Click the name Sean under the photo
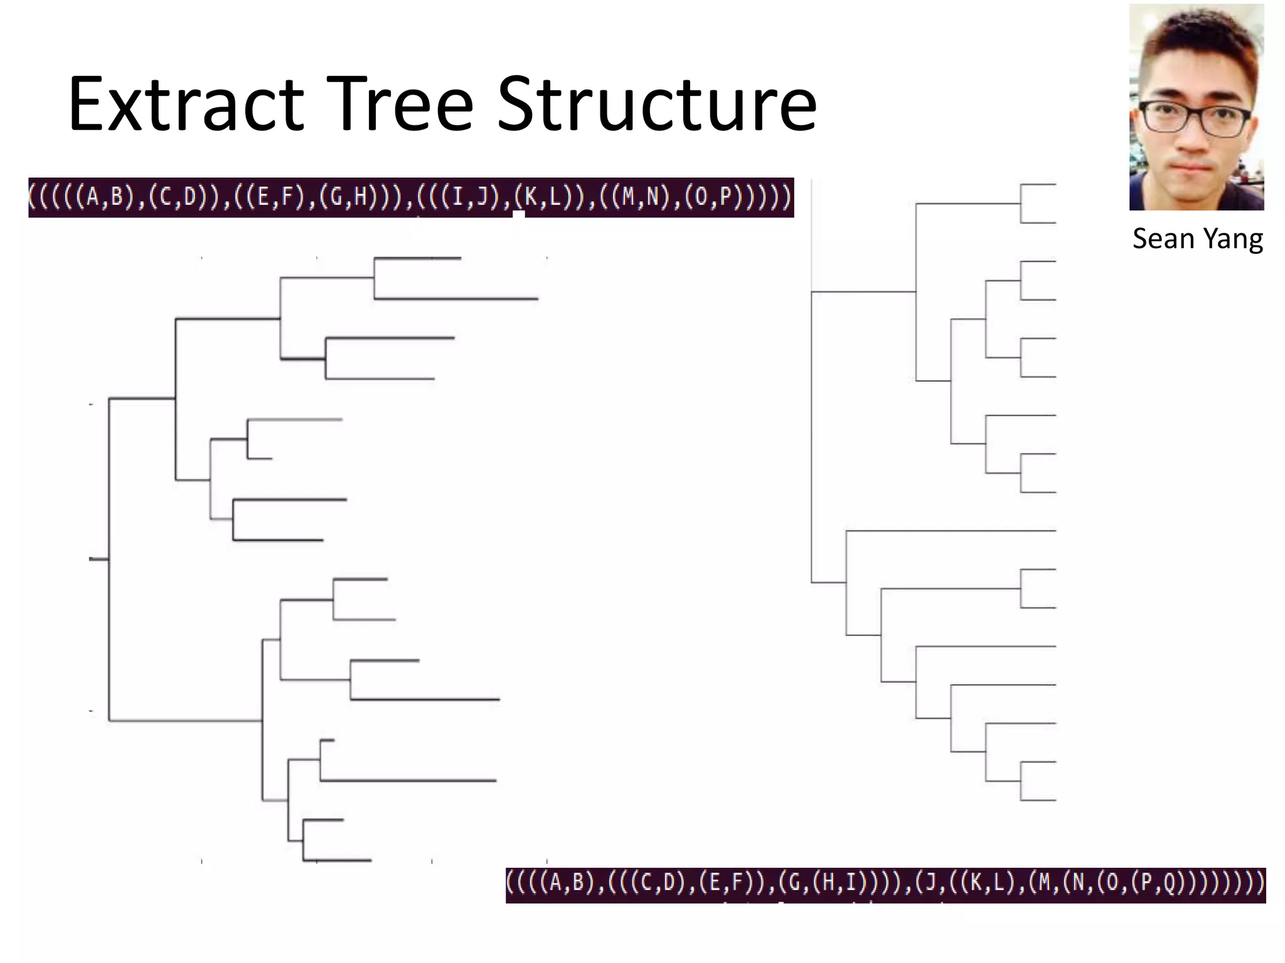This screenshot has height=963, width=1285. pyautogui.click(x=1160, y=239)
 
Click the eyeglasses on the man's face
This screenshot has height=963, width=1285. pyautogui.click(x=1195, y=119)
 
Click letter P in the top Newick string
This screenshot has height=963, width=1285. pyautogui.click(x=726, y=197)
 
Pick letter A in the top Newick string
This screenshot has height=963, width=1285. pyautogui.click(x=92, y=197)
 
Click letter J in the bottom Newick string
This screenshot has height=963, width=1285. pyautogui.click(x=929, y=883)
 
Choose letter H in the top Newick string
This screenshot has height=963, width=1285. pyautogui.click(x=360, y=197)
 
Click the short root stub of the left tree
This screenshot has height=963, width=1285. pyautogui.click(x=99, y=559)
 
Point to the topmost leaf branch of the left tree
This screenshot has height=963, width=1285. pyautogui.click(x=417, y=258)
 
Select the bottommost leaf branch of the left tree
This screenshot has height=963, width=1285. pyautogui.click(x=337, y=860)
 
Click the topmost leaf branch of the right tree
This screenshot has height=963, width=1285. pyautogui.click(x=1038, y=184)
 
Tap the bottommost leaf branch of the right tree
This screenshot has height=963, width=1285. pyautogui.click(x=1038, y=800)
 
